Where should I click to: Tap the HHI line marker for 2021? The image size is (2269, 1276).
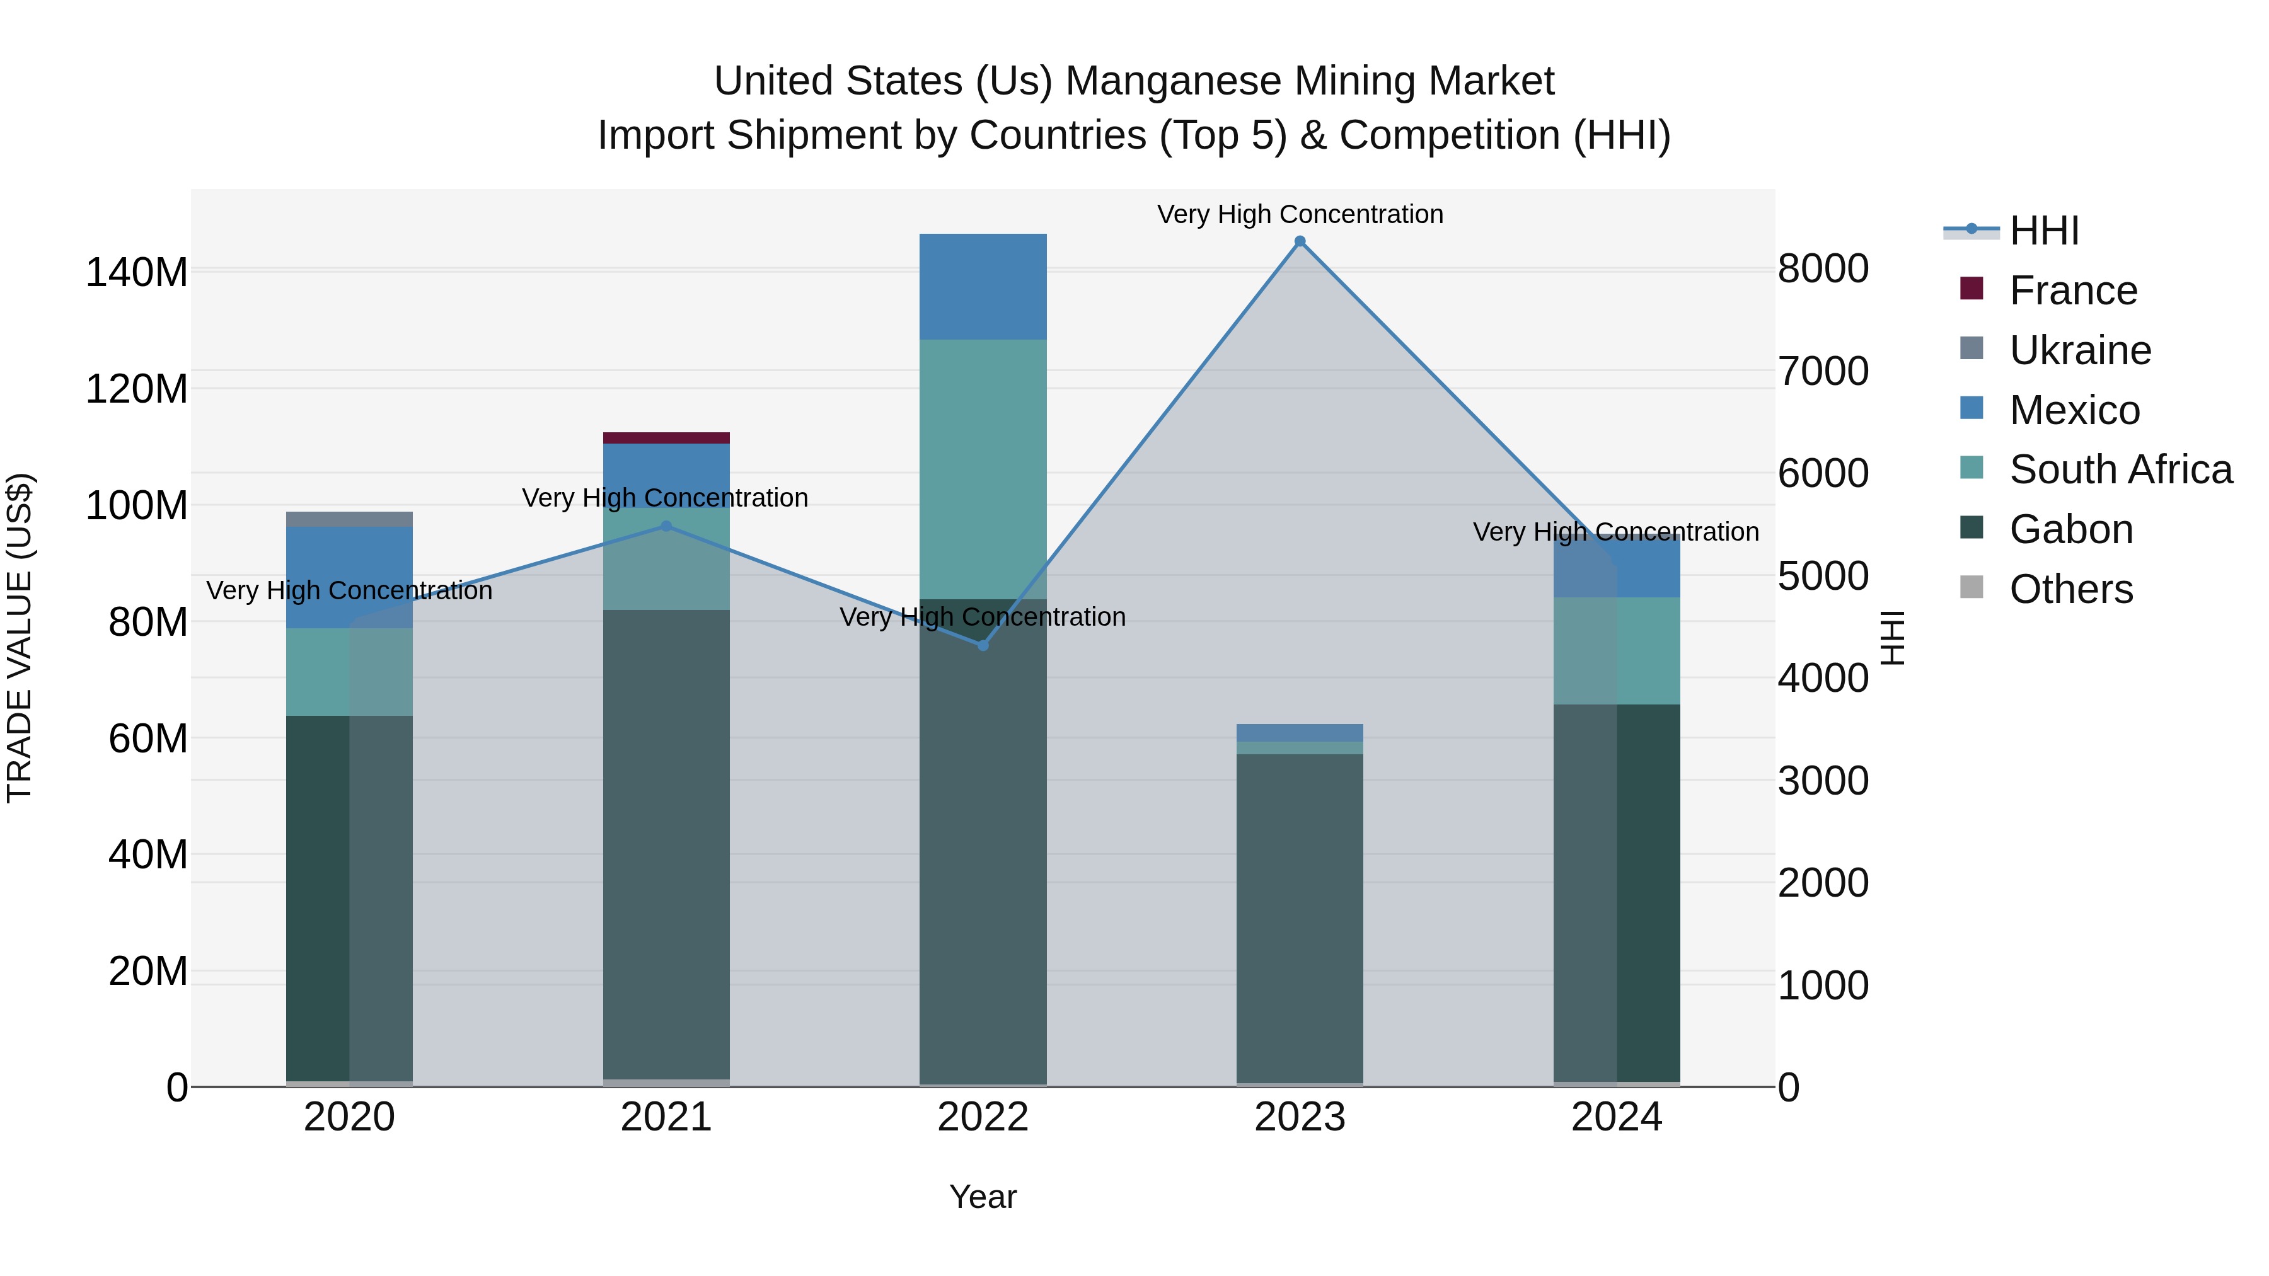click(x=666, y=526)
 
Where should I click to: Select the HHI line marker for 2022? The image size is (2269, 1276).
click(x=983, y=645)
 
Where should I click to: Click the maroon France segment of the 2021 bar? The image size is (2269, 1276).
click(x=666, y=438)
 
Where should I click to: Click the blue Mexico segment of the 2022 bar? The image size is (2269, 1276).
click(x=983, y=286)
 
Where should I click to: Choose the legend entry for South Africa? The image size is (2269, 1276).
click(x=2120, y=469)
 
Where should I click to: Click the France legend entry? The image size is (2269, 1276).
click(x=2072, y=290)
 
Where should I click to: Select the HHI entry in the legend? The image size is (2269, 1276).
click(x=2043, y=231)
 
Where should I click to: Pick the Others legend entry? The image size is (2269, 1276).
click(x=2071, y=589)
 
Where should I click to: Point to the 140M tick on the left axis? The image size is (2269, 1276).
click(x=137, y=272)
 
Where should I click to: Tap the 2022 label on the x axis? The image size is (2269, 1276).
click(x=983, y=1117)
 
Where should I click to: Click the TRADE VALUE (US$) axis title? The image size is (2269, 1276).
click(x=20, y=638)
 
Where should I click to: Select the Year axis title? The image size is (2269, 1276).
click(x=983, y=1197)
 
